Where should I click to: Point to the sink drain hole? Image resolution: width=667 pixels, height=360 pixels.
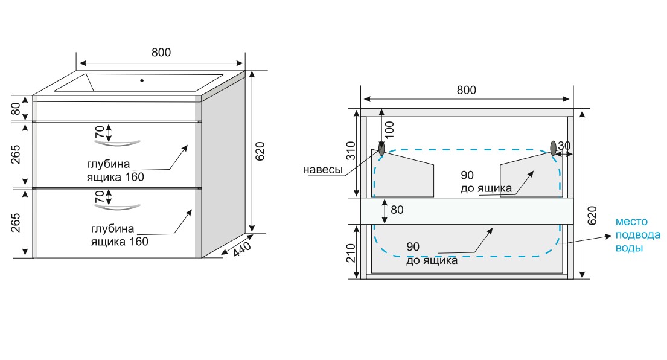coord(142,80)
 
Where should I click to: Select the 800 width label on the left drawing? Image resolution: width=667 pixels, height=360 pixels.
coord(161,53)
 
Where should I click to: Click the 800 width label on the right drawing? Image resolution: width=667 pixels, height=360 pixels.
coord(466,90)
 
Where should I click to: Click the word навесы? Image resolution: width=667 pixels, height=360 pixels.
coord(323,170)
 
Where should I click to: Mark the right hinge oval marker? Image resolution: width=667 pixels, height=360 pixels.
coord(553,147)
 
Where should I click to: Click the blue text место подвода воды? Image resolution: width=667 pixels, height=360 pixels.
coord(638,235)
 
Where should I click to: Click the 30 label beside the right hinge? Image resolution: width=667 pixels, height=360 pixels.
coord(564,146)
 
